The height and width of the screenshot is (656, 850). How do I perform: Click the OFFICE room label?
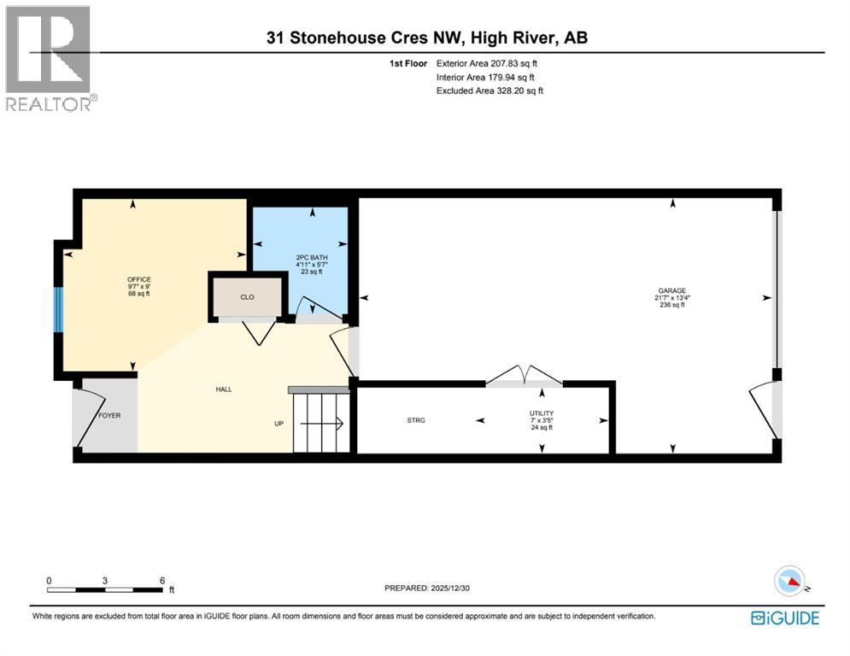tap(138, 279)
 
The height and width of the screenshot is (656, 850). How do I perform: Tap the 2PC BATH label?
tap(312, 257)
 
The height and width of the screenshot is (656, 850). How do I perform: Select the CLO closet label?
tap(247, 297)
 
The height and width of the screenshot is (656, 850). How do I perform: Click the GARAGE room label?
tap(672, 290)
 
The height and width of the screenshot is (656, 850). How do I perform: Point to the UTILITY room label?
tap(542, 413)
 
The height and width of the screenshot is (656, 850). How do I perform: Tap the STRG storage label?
tap(416, 420)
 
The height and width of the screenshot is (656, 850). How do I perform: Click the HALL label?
tap(223, 389)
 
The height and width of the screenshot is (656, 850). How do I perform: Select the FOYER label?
tap(109, 415)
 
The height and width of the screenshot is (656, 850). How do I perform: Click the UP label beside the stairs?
tap(278, 424)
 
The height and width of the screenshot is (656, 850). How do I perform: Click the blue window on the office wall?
tap(58, 309)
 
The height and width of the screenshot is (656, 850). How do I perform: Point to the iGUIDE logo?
tap(785, 618)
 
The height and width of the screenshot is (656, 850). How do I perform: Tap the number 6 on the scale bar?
tap(162, 581)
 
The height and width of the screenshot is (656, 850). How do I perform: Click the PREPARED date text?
tap(427, 588)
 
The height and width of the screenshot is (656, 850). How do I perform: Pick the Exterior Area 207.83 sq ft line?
tap(487, 63)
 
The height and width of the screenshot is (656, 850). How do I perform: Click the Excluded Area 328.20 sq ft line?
tap(489, 91)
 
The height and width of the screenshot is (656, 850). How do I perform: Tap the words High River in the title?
tap(513, 38)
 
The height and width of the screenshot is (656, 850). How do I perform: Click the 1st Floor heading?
tap(408, 63)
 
